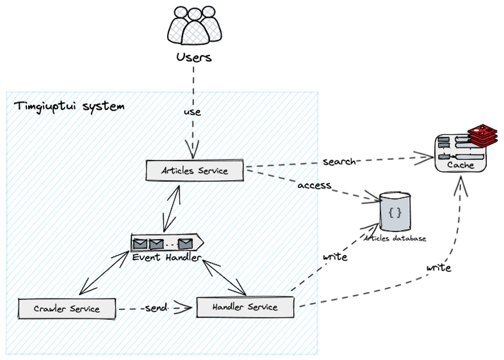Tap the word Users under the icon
click(x=194, y=57)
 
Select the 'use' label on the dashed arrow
click(x=192, y=112)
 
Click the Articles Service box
click(x=195, y=171)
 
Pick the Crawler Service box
click(x=66, y=308)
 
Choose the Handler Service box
click(x=245, y=307)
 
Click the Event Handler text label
click(x=167, y=257)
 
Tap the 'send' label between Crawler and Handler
click(x=156, y=308)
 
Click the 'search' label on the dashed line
click(x=339, y=162)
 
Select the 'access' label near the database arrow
click(x=314, y=185)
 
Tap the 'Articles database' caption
click(x=396, y=238)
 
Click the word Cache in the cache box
click(x=460, y=165)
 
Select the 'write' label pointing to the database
click(x=334, y=257)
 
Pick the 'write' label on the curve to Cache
click(x=439, y=268)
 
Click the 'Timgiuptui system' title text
click(x=69, y=107)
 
